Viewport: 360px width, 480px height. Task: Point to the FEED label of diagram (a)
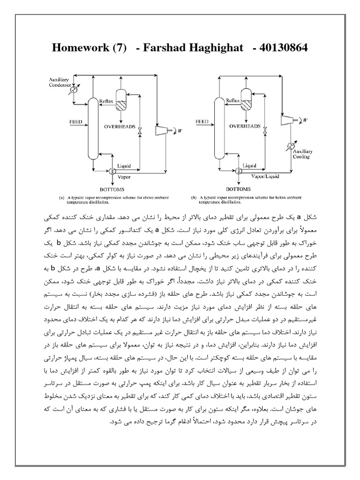(x=75, y=122)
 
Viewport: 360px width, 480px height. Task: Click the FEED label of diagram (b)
(x=202, y=122)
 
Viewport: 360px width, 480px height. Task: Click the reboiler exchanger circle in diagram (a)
(x=112, y=172)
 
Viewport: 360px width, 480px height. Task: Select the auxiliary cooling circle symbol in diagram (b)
(x=292, y=145)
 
